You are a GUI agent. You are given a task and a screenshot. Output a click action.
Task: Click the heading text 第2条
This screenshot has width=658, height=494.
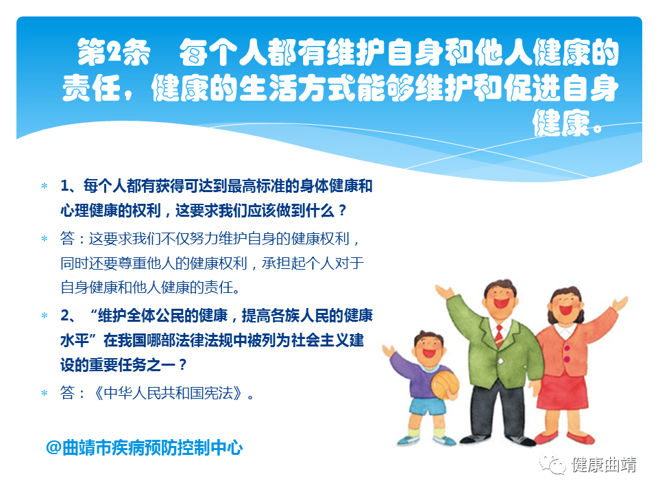point(114,53)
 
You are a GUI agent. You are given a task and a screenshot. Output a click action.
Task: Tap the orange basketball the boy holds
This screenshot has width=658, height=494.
point(446,384)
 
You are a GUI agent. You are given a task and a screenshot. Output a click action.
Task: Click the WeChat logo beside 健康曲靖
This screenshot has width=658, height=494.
point(552,464)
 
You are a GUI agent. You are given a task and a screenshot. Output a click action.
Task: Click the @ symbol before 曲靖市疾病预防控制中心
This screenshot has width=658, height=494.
point(53,447)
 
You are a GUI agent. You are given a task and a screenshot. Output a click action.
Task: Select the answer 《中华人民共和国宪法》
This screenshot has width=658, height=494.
point(168,392)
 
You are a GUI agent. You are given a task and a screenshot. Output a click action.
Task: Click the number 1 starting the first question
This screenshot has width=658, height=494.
point(64,186)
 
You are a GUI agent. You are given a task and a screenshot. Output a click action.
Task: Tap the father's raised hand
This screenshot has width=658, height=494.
point(445,292)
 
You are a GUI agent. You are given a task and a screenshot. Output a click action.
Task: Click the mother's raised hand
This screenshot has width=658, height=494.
point(620,303)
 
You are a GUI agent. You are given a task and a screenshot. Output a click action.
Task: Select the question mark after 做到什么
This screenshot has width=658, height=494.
point(343,210)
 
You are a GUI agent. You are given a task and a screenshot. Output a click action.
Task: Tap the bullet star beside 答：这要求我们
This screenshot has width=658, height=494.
point(45,239)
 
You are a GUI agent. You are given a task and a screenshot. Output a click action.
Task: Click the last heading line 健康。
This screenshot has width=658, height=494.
point(568,123)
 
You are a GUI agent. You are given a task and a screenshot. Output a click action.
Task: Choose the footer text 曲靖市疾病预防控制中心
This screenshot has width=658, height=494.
point(152,447)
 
